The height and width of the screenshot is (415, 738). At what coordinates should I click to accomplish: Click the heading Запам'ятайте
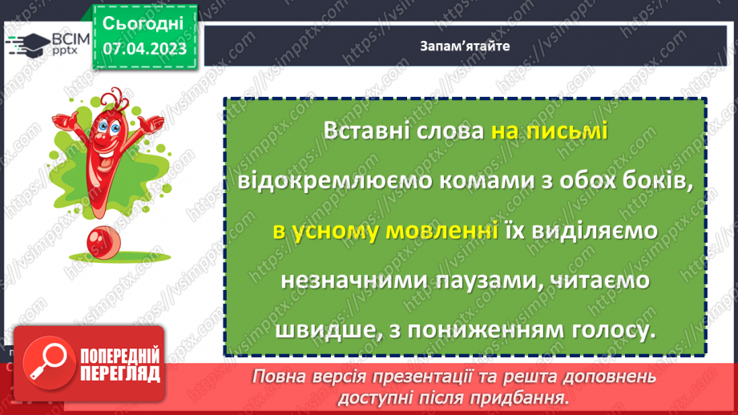464,46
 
